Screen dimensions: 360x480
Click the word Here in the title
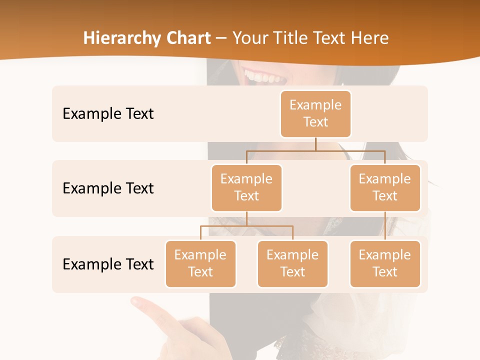click(370, 38)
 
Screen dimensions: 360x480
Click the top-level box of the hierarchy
click(315, 113)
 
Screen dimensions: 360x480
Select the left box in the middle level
click(246, 187)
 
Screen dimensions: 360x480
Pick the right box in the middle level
click(385, 187)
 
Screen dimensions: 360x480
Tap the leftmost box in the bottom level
click(200, 263)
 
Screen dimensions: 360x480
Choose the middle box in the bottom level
click(292, 263)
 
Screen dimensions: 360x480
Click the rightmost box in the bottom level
click(385, 263)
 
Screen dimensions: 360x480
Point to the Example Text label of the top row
click(108, 113)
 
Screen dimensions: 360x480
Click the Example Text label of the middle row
click(108, 188)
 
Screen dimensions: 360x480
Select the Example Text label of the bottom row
click(108, 264)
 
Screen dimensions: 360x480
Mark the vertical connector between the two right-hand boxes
click(385, 225)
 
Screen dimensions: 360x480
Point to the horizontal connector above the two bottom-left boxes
click(246, 226)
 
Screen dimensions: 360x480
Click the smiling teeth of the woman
click(262, 77)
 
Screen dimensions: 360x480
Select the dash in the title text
click(221, 38)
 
